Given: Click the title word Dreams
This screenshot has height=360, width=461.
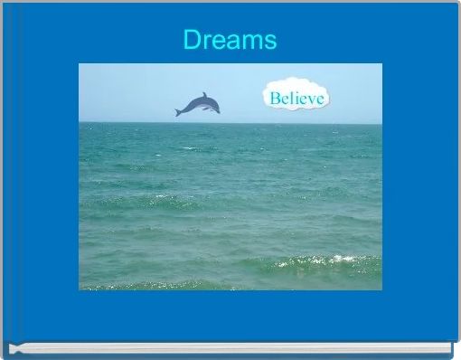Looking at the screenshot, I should (230, 41).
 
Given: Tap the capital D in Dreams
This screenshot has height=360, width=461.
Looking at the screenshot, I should (192, 41).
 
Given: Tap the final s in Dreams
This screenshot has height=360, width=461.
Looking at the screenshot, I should (270, 43).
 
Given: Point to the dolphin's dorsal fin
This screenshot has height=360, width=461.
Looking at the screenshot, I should (204, 95).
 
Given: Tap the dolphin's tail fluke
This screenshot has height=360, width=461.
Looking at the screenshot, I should (179, 112).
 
